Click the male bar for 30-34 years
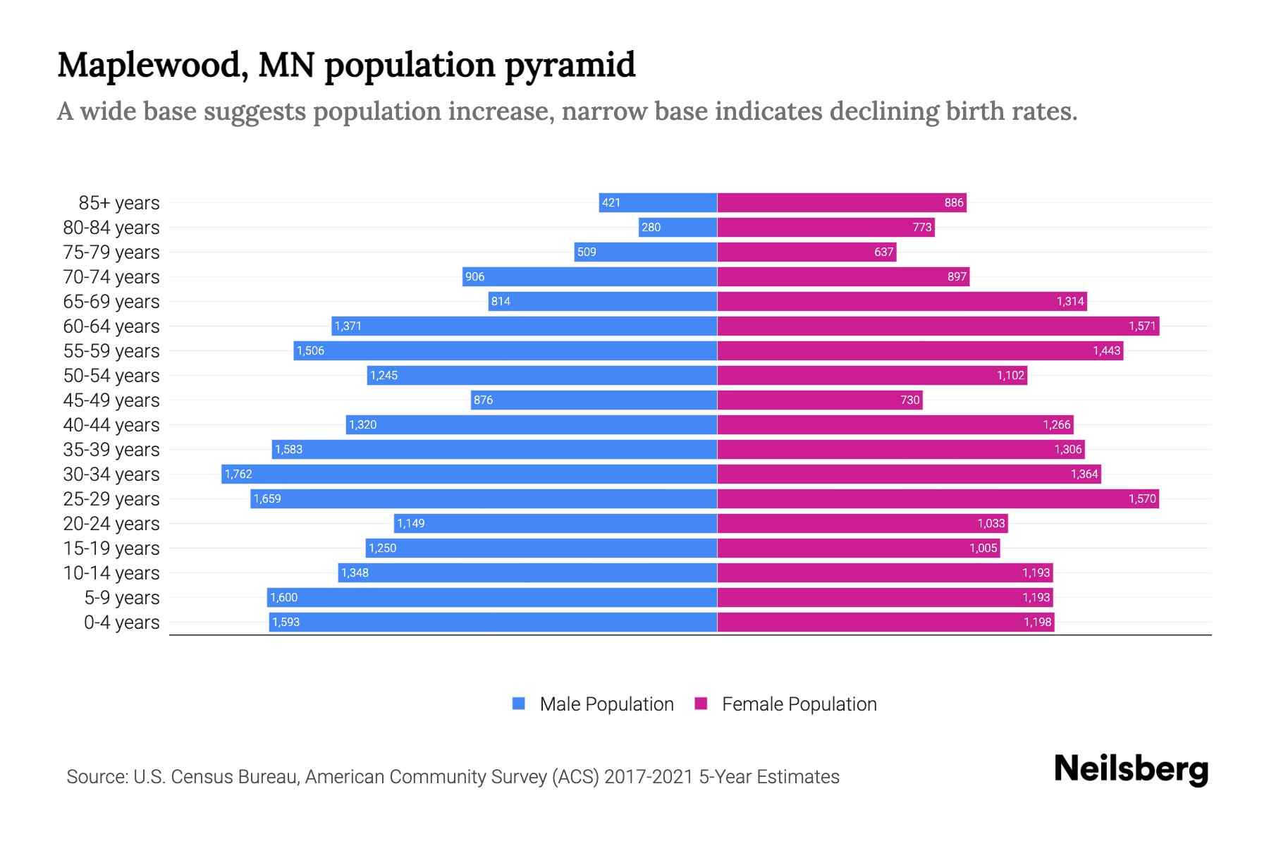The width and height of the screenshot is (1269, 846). tap(470, 474)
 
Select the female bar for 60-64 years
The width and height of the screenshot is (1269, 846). tap(938, 326)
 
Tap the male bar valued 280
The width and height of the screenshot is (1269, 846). tap(678, 227)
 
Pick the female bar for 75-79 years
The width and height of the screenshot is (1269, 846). tap(807, 252)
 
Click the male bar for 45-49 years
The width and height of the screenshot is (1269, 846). tap(594, 400)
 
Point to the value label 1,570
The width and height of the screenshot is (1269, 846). tap(1142, 498)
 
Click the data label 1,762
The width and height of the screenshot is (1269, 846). tap(238, 474)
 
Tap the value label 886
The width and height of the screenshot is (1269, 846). tap(953, 202)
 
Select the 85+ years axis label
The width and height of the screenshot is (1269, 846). tap(119, 203)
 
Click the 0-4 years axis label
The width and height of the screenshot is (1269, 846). tap(121, 623)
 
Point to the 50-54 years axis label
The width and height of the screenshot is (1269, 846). tap(111, 376)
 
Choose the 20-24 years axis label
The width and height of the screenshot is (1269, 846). tap(111, 524)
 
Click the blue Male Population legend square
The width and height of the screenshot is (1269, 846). tap(519, 704)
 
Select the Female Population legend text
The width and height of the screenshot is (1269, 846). tap(799, 704)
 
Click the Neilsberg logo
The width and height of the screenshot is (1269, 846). tap(1131, 769)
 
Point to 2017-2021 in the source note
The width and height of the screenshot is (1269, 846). tap(648, 777)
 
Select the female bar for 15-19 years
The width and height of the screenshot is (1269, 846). tap(858, 548)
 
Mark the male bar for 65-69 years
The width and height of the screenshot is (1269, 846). tap(603, 301)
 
